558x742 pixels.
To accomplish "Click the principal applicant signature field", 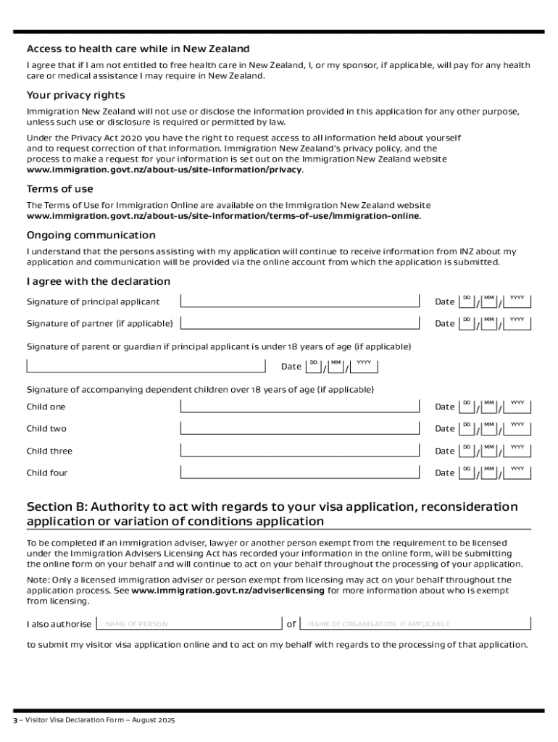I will [x=300, y=301].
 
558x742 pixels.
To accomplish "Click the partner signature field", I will [x=300, y=323].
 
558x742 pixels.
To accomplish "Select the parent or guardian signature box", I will [x=146, y=366].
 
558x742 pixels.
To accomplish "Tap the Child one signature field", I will [x=300, y=407].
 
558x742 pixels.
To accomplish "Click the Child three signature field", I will [x=300, y=451].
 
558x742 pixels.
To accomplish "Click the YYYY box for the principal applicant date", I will [x=517, y=301].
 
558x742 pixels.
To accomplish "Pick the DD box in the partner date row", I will [x=467, y=323].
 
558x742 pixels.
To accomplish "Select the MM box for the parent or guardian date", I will [x=336, y=366].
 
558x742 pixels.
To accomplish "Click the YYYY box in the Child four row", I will [x=517, y=472].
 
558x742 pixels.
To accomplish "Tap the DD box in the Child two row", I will [x=467, y=428].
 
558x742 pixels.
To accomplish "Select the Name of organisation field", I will [x=416, y=624].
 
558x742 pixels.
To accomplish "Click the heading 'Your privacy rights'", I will [x=75, y=95].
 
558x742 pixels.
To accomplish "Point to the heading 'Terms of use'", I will [x=60, y=189].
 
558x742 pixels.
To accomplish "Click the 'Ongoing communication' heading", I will [x=91, y=235].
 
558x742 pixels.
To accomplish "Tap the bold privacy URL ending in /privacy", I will [x=165, y=170].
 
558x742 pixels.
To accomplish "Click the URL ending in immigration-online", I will [x=223, y=216].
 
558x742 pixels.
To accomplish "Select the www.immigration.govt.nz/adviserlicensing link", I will [x=228, y=591].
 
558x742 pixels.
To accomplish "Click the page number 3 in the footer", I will [x=14, y=721].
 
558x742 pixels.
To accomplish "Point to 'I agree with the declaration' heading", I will [x=99, y=281].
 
